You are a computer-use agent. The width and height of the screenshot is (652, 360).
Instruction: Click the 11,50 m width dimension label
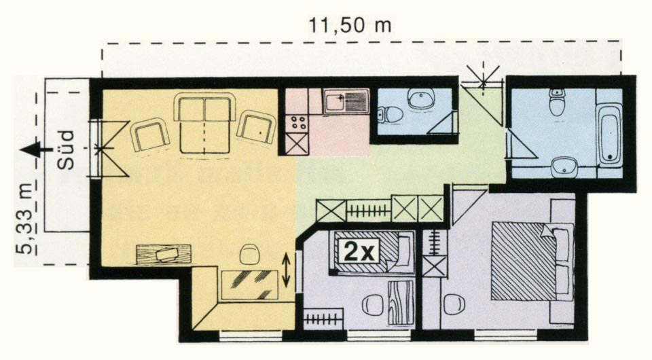(350, 25)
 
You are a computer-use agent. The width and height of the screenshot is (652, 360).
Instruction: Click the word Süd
(66, 150)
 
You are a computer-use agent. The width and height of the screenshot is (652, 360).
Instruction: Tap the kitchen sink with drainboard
(346, 101)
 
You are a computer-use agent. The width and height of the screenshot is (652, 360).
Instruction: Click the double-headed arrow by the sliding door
(286, 270)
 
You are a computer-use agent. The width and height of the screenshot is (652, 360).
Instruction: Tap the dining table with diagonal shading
(249, 285)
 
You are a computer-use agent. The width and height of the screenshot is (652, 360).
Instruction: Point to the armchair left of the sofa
(149, 134)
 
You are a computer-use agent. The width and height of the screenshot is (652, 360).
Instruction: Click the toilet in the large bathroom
(556, 101)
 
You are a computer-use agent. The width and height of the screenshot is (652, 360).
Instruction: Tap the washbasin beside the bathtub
(564, 167)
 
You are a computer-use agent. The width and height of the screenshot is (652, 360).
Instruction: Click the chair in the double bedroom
(452, 304)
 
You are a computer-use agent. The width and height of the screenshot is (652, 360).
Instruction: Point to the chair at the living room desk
(249, 253)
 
